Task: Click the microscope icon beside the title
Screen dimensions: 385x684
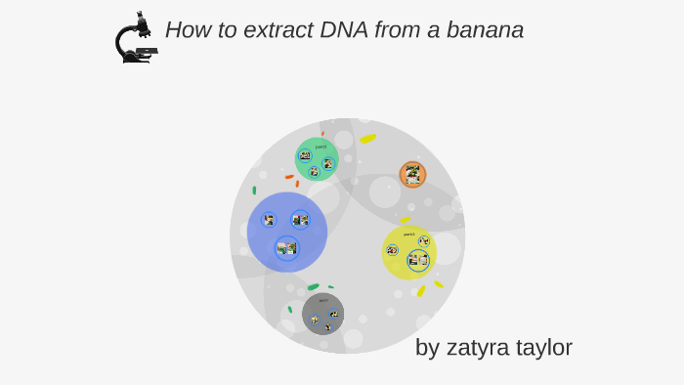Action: pos(135,39)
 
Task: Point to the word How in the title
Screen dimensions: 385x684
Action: pos(186,30)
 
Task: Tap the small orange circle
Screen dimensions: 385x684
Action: pos(412,175)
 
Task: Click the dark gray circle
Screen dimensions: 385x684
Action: pos(322,313)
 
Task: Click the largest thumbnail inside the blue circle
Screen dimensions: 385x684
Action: pos(286,248)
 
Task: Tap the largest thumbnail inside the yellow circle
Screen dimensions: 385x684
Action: pos(418,260)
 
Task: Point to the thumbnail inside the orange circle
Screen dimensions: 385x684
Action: pos(412,175)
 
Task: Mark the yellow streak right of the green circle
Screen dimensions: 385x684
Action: pos(367,139)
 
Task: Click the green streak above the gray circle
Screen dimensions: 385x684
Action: pos(313,287)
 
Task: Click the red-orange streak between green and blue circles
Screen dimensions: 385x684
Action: pos(289,177)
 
